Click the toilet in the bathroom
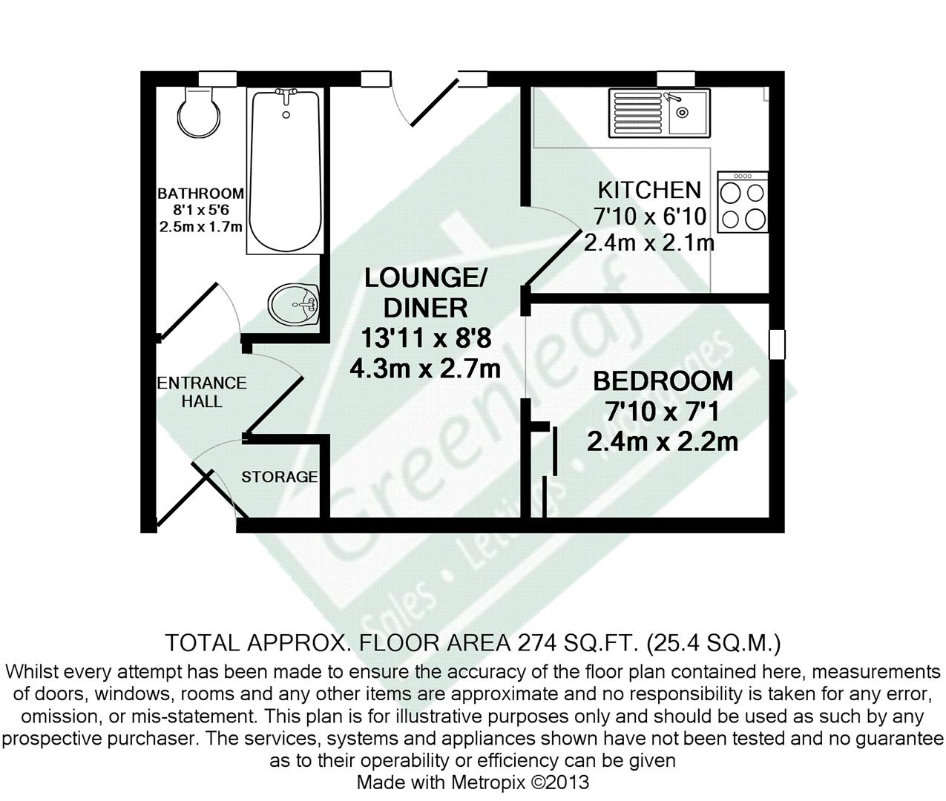(x=199, y=113)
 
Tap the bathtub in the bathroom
(x=286, y=171)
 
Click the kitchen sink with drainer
(x=659, y=112)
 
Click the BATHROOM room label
(x=200, y=194)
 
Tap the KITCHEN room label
(x=649, y=190)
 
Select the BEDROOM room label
(x=663, y=381)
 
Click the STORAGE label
(x=280, y=477)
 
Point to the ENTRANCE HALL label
(x=202, y=392)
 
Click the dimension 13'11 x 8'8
(x=426, y=338)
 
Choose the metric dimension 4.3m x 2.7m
(x=426, y=368)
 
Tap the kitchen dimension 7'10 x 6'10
(x=650, y=217)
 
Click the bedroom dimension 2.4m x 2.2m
(x=663, y=442)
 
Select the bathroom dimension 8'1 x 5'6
(x=200, y=211)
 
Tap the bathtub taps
(x=286, y=94)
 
